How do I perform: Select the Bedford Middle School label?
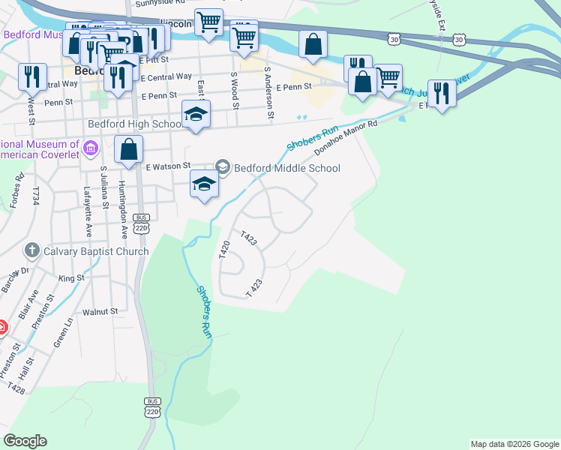point(288,168)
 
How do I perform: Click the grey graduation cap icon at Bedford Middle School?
point(222,166)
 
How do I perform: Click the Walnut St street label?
point(101,311)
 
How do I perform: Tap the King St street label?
point(71,278)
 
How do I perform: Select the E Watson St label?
point(169,166)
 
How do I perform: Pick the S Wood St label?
point(235,90)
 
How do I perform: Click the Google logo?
point(25,441)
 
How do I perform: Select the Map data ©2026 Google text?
point(514,444)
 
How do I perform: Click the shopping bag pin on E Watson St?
point(129,150)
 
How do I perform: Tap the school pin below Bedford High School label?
point(196,115)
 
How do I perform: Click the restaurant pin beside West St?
point(32,76)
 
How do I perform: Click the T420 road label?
point(223,250)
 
